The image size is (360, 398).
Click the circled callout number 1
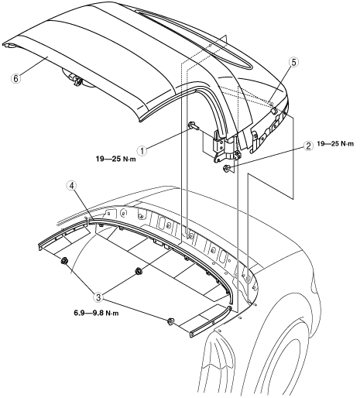[x=142, y=150]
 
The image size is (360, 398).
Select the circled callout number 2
[x=308, y=146]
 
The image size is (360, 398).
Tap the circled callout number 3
[x=98, y=297]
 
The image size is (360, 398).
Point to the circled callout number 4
[x=72, y=185]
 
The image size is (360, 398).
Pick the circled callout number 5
[x=293, y=62]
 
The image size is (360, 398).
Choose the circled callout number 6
[x=16, y=78]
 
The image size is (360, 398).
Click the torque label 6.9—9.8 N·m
[x=96, y=314]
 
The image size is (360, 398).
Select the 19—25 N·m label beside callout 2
[x=335, y=144]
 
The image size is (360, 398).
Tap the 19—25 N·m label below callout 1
[x=116, y=159]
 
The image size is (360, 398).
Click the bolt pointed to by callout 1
[x=194, y=126]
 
